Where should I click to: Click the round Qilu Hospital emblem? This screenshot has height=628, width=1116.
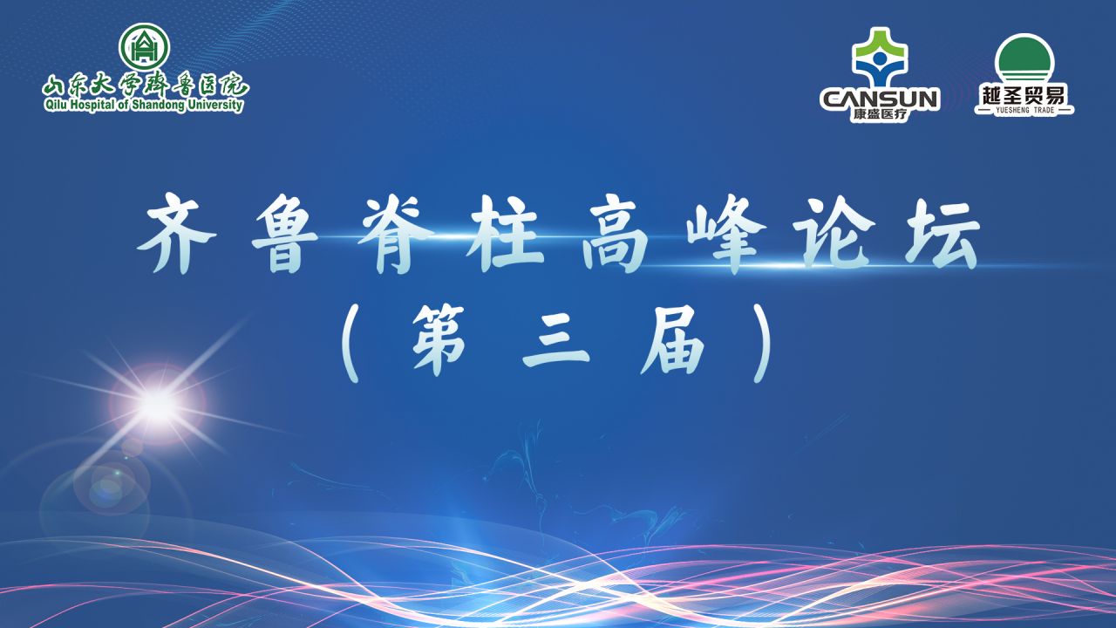pyautogui.click(x=145, y=47)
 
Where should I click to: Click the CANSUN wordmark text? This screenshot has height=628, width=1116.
pyautogui.click(x=880, y=99)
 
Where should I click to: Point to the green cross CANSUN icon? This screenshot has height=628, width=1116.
pyautogui.click(x=880, y=57)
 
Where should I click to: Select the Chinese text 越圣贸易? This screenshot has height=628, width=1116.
pyautogui.click(x=1024, y=94)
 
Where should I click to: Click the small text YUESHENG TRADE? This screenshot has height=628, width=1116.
pyautogui.click(x=1024, y=110)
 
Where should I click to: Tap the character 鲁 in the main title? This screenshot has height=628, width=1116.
pyautogui.click(x=286, y=233)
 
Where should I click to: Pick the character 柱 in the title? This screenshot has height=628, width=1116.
pyautogui.click(x=505, y=233)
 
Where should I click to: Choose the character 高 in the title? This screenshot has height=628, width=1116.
pyautogui.click(x=615, y=233)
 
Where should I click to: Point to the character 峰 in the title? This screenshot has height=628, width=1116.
pyautogui.click(x=725, y=233)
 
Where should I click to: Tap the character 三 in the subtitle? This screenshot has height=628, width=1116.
pyautogui.click(x=556, y=340)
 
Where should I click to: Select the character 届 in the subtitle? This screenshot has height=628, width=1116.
pyautogui.click(x=673, y=340)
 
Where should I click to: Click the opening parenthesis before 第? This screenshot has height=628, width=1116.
pyautogui.click(x=351, y=343)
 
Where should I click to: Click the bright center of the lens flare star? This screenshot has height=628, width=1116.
pyautogui.click(x=158, y=405)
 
